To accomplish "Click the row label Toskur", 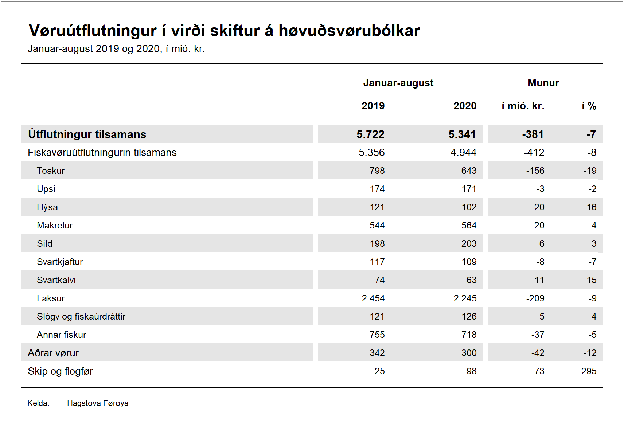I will pos(51,171).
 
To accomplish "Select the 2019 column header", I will pos(373,106).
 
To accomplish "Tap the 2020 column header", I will pos(465,106).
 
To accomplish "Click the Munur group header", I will pos(543,83).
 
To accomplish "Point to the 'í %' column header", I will pos(589,106).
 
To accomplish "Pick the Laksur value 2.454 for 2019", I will pos(373,298).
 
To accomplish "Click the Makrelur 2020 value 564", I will pos(469,225).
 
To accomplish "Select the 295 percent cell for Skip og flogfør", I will pos(589,371).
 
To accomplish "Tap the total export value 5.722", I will pos(370,134).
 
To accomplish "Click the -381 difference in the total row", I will pos(533,134).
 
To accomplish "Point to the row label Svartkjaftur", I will pos(60,262).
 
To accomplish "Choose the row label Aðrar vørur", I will pos(53,353).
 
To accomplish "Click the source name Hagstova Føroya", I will pos(98,403).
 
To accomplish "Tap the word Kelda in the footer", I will pos(38,403).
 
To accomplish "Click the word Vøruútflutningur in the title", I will pos(93,31).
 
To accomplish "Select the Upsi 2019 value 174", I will pos(377,189).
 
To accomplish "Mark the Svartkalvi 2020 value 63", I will pos(471,280).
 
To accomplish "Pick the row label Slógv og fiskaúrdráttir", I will pos(81,316).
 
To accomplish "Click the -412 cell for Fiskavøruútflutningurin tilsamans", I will pos(534,152).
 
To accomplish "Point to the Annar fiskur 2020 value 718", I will pos(469,335).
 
